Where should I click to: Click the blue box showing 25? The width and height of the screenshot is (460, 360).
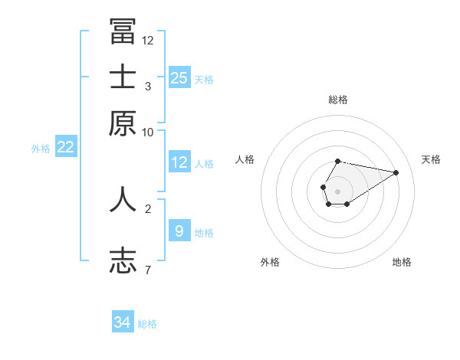[x=179, y=77]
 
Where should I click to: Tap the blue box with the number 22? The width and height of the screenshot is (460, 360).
[x=65, y=147]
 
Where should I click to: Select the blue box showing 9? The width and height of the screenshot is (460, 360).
[x=179, y=231]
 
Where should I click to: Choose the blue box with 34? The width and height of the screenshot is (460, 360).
[x=123, y=322]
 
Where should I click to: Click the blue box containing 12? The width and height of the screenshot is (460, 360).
[x=179, y=162]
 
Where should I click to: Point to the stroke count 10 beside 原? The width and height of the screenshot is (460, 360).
[x=148, y=132]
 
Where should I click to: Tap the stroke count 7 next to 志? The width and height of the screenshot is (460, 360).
[x=148, y=269]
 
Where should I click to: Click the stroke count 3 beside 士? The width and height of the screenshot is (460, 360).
[x=148, y=86]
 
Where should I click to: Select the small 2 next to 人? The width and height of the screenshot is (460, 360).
[x=148, y=208]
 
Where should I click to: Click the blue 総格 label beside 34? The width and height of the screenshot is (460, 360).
[x=148, y=324]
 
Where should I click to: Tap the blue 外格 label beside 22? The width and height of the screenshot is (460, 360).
[x=41, y=149]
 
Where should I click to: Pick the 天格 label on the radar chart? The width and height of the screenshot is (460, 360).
[x=431, y=159]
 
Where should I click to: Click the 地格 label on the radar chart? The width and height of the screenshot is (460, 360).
[x=402, y=262]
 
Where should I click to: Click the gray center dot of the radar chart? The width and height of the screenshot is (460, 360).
[x=337, y=191]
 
